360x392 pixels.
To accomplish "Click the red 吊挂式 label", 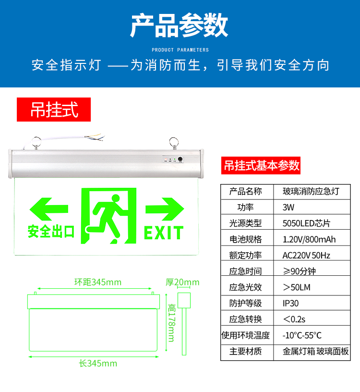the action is click(54, 110).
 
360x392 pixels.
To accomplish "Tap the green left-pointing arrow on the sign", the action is click(48, 209).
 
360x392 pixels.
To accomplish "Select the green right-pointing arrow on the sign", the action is click(165, 209).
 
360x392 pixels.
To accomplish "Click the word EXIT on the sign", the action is click(164, 233).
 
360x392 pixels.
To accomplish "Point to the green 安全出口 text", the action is click(51, 231).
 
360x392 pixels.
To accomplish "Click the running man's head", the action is click(116, 198).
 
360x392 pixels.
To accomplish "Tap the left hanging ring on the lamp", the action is click(36, 142).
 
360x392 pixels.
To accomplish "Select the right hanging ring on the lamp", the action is click(174, 142).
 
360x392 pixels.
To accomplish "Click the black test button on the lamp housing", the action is click(180, 159).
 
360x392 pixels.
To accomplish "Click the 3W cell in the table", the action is click(288, 207).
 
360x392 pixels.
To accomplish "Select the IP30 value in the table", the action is click(290, 303).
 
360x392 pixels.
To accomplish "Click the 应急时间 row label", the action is click(245, 271).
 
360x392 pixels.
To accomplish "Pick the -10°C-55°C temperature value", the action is click(302, 335).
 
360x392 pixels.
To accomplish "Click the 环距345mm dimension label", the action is click(98, 282).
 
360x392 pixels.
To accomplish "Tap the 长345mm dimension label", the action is click(98, 363).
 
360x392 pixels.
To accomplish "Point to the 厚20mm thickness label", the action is click(182, 282).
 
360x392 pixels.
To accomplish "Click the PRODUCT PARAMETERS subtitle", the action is click(180, 50).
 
